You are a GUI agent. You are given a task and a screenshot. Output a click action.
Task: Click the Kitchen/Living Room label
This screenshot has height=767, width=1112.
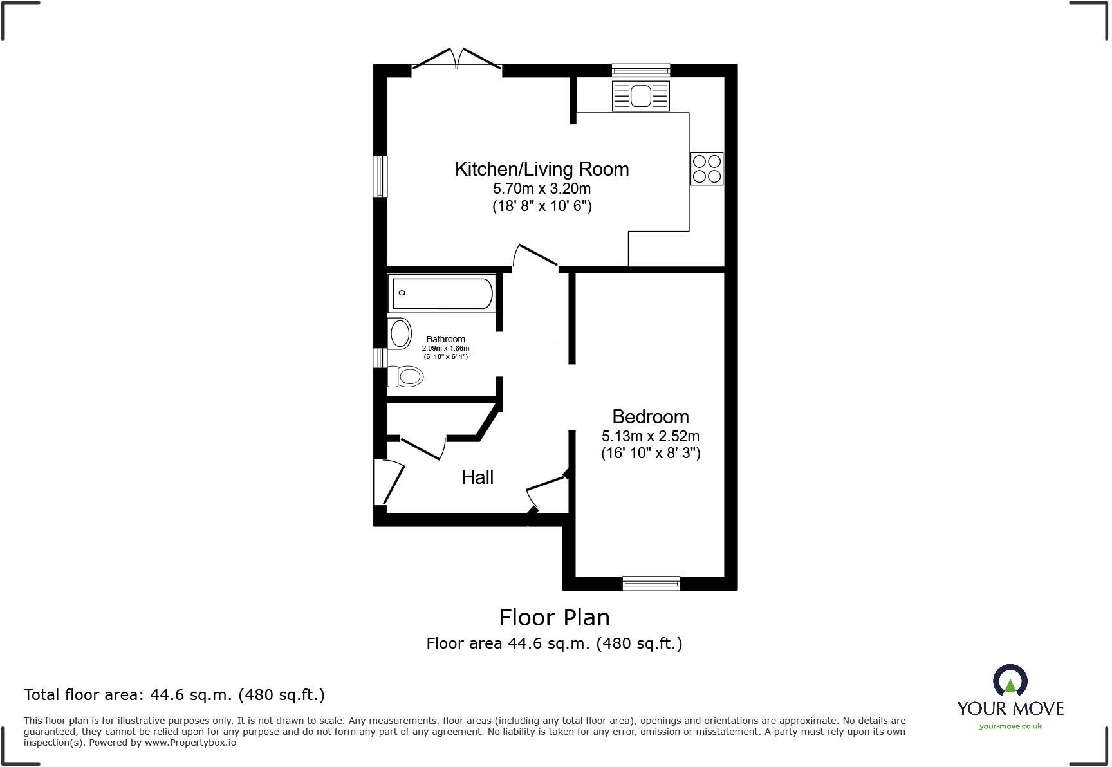point(541,169)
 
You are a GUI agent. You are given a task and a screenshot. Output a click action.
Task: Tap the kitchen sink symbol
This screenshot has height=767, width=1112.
point(641,96)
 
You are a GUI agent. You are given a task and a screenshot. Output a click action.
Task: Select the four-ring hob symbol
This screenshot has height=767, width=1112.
point(707,169)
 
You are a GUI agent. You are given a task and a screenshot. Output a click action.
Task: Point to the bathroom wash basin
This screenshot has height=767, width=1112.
point(400,334)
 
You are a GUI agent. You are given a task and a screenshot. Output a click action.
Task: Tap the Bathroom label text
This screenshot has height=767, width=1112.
point(445,339)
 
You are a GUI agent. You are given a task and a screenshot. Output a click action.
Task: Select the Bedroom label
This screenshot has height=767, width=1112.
point(650,417)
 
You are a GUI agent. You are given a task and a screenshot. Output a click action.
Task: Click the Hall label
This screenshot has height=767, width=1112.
point(477,477)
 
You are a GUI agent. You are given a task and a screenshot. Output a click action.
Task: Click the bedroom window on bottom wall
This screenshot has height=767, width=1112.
point(651,583)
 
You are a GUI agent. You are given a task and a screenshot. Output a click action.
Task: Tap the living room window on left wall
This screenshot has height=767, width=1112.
point(381,176)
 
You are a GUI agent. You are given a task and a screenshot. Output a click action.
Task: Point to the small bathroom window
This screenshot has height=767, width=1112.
point(380,358)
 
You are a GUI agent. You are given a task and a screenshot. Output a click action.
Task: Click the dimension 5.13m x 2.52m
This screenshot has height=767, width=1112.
point(650,436)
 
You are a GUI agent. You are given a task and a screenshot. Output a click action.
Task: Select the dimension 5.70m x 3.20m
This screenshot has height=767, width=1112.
point(541,189)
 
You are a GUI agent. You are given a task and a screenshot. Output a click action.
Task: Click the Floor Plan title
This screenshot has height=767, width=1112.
point(554,618)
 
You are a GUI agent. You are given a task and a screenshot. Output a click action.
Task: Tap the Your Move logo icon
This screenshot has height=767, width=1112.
point(1010,681)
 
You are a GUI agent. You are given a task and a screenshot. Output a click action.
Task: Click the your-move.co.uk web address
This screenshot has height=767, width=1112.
point(1010,726)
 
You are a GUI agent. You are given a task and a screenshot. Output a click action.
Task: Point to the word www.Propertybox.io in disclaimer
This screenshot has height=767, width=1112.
point(190,743)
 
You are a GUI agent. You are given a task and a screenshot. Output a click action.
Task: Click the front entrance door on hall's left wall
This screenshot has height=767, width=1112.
point(388,481)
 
